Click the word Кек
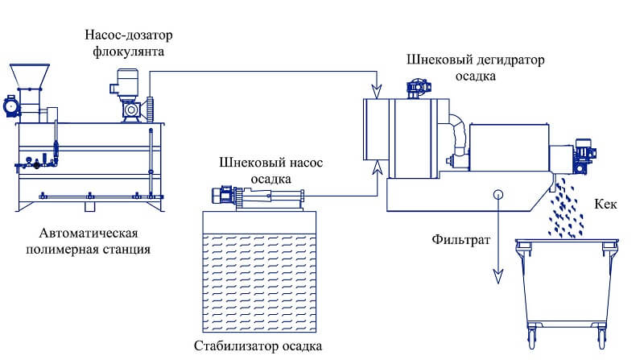tap(605, 205)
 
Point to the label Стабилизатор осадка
tap(258, 347)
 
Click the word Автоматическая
tap(87, 233)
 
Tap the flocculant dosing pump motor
tap(126, 81)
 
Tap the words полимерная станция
tap(87, 249)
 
